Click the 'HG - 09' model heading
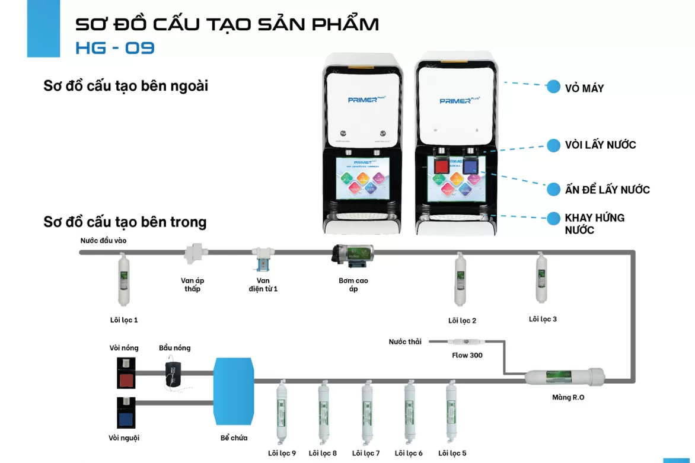(115, 48)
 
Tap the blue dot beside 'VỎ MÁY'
(553, 87)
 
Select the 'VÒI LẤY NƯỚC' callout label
(600, 145)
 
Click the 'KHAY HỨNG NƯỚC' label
(594, 223)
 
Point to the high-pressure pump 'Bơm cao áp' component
(353, 254)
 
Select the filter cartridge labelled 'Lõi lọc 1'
(123, 280)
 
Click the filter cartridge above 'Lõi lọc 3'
(541, 277)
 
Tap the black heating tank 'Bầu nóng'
(174, 372)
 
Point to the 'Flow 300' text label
(467, 356)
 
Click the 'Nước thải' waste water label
(405, 342)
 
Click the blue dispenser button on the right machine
(470, 165)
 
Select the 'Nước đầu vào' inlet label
(104, 241)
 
